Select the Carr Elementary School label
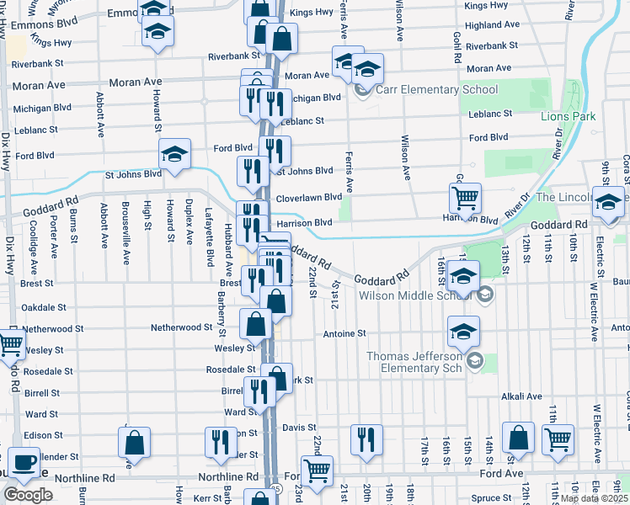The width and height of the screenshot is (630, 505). point(438,90)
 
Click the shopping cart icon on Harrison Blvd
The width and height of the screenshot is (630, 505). point(465,199)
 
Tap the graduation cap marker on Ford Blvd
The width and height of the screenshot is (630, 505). point(174,154)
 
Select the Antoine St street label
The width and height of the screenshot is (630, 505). point(344,333)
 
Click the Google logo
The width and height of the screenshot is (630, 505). point(28,495)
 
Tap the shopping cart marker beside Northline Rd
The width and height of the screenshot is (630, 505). point(317,471)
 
